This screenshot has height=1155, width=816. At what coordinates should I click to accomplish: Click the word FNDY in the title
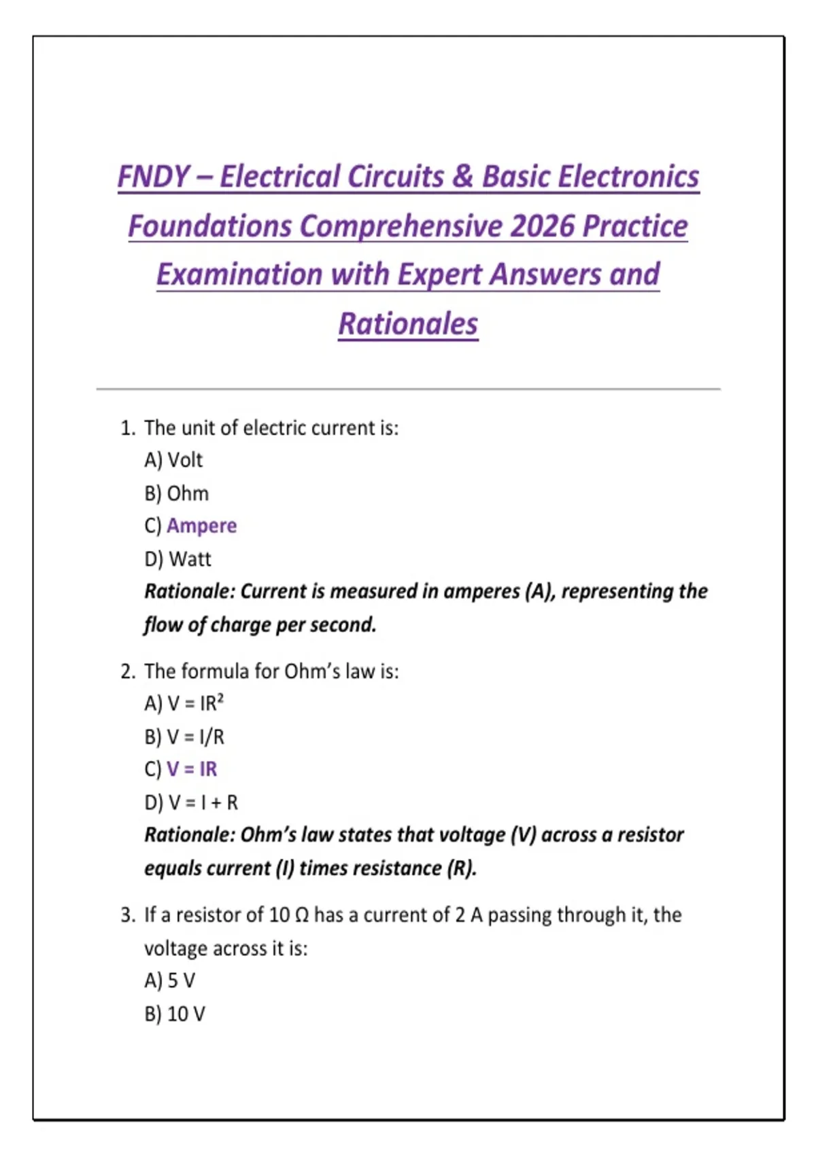tap(153, 177)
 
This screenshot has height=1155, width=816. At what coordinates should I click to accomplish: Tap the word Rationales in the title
tap(408, 324)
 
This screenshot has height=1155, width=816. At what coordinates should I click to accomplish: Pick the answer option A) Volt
tap(173, 461)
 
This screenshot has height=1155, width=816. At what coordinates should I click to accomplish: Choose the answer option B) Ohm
tap(176, 493)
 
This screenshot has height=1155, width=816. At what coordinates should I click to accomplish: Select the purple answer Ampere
tap(201, 526)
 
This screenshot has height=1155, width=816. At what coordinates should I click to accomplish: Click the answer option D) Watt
tap(177, 559)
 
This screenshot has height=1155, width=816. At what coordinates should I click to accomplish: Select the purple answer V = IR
tap(192, 769)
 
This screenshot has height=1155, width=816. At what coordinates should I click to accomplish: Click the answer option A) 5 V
tap(170, 981)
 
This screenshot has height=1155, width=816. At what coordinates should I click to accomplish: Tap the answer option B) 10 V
tap(175, 1014)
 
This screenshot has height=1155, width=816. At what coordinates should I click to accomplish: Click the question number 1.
tap(126, 428)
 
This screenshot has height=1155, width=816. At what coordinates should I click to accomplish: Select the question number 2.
tap(126, 672)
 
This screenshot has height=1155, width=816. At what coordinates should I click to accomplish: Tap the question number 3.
tap(126, 915)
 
